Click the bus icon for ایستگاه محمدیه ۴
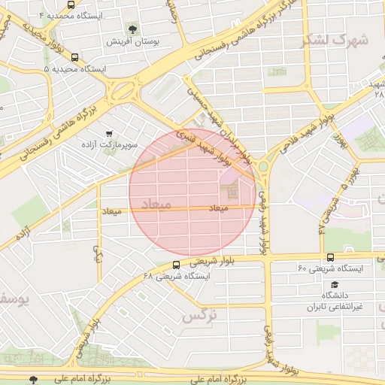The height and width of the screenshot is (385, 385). (70, 5)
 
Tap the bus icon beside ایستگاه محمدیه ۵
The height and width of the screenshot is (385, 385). (74, 57)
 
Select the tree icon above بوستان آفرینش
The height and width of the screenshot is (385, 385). (132, 29)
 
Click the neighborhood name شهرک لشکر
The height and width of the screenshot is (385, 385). (335, 40)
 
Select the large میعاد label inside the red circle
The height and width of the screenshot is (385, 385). (156, 204)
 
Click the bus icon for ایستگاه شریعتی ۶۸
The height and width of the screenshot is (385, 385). (176, 265)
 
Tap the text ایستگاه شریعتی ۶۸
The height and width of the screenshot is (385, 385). (183, 276)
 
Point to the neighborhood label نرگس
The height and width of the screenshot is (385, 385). (199, 316)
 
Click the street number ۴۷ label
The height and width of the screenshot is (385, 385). (323, 223)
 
